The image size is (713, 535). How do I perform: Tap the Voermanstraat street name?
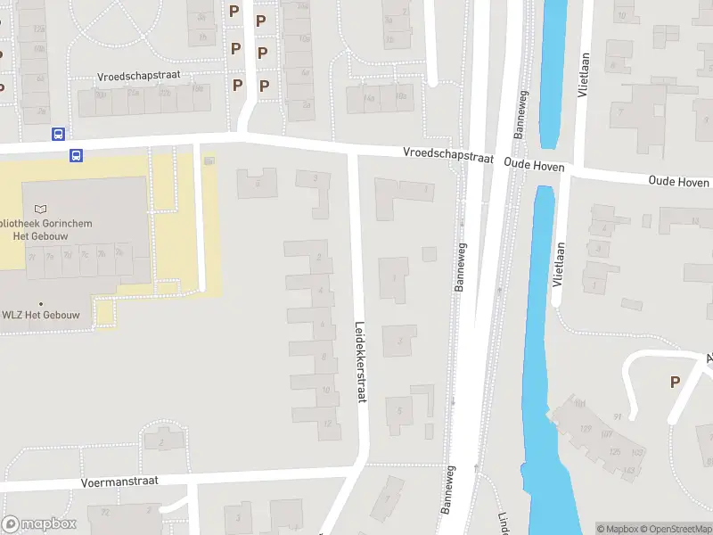[x=119, y=481]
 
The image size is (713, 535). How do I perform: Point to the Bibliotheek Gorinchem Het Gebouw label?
[x=46, y=228]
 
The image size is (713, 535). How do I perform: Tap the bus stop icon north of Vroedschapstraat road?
[x=58, y=135]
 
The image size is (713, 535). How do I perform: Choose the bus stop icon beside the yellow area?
[x=78, y=155]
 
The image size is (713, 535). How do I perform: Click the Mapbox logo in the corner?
[x=39, y=524]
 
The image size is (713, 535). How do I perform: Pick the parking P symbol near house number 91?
[x=675, y=382]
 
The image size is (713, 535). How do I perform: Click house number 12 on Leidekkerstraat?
[x=327, y=424]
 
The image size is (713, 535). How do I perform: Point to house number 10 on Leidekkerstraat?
[x=325, y=390]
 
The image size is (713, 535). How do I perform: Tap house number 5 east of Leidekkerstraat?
[x=400, y=411]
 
